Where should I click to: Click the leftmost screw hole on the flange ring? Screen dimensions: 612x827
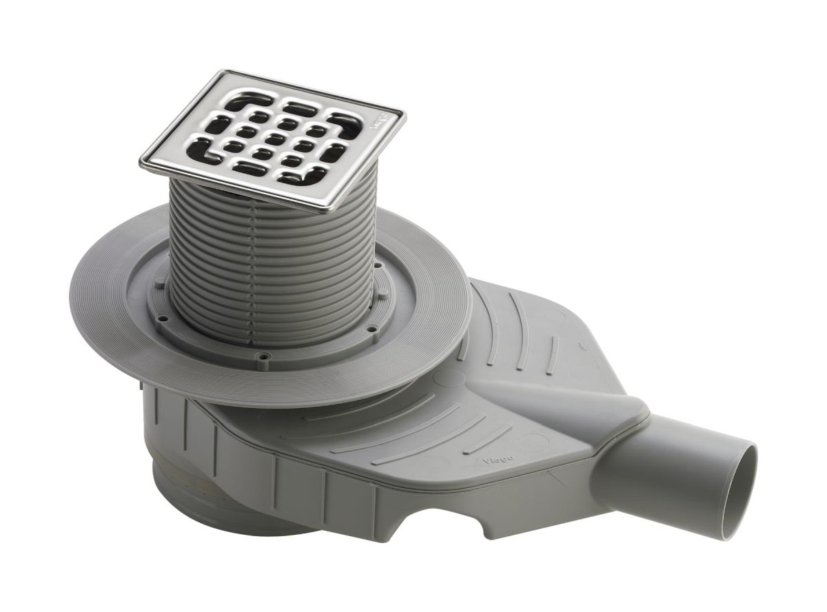pos(162,318)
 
